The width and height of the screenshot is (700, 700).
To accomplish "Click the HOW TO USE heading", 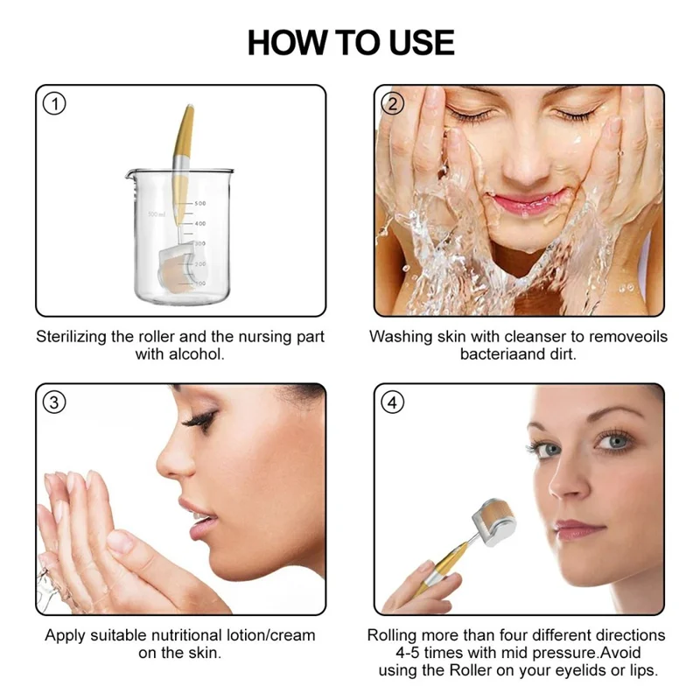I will click(350, 42).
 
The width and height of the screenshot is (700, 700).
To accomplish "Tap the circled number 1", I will click(54, 104).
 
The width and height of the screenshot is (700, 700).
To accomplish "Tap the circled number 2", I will click(393, 104).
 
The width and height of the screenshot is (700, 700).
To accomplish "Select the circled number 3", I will click(54, 402).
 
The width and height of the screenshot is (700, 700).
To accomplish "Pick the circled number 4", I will click(393, 402).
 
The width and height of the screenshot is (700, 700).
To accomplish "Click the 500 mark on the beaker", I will click(199, 203).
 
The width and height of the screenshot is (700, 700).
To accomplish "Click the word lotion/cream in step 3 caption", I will click(269, 635).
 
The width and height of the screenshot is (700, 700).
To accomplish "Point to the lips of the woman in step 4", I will click(577, 528).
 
